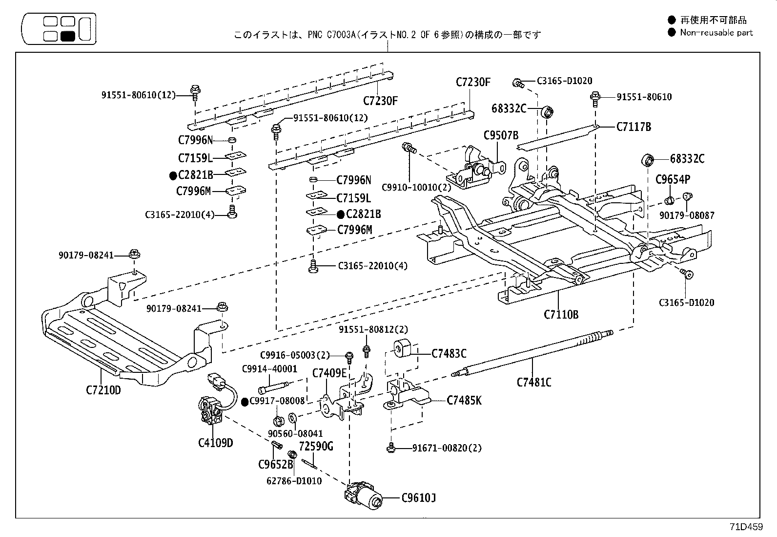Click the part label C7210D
tap(103, 390)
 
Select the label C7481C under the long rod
tap(534, 382)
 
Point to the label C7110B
tap(561, 314)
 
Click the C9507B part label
tap(501, 135)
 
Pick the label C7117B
tap(634, 127)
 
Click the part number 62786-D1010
tap(294, 481)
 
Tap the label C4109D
tap(215, 443)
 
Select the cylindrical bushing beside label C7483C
tap(401, 347)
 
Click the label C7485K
tap(464, 401)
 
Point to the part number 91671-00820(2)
tap(447, 448)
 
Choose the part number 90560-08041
tap(295, 433)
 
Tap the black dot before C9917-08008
tap(245, 402)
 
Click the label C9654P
tap(673, 180)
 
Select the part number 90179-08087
tap(687, 215)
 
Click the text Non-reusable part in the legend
tap(716, 33)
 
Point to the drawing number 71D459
tap(746, 527)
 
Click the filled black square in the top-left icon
tap(67, 36)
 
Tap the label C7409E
tap(329, 373)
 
